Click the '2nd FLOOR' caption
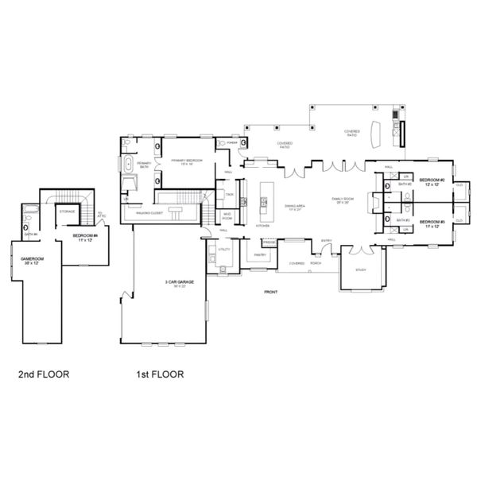43,374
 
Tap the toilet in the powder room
243,143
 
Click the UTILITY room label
223,250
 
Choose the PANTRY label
259,255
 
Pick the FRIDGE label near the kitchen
269,242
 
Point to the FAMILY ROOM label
343,200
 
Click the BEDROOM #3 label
430,223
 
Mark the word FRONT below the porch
271,293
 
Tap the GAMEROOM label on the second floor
31,259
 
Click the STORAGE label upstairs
67,211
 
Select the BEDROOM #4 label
84,237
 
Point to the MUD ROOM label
227,215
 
